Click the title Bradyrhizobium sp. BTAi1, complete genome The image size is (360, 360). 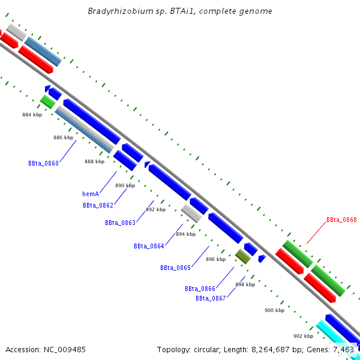point(180,11)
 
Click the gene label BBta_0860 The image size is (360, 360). point(43,163)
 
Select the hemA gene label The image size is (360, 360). point(91,194)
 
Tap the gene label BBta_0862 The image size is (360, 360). point(98,205)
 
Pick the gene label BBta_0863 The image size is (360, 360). point(120,223)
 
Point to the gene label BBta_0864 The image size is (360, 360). point(149,246)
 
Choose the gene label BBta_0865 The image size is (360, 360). point(175,268)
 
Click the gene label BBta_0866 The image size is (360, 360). point(200,289)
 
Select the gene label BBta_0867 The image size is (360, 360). point(211,298)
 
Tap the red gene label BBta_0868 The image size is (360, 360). point(341,220)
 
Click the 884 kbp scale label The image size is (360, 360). point(32,115)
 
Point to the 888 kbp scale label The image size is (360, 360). point(94,161)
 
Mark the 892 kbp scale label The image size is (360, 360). point(155,209)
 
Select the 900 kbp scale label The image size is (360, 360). point(274,310)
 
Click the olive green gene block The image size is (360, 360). point(242,257)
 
